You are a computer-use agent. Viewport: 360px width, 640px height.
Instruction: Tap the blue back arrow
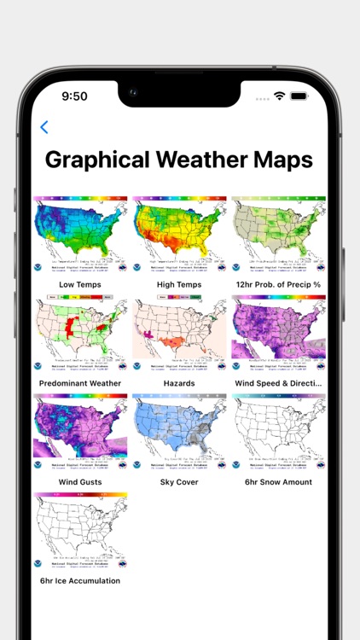point(44,127)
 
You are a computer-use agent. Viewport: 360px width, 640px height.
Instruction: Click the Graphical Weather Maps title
point(179,160)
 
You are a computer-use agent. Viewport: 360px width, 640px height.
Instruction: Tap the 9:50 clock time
point(74,96)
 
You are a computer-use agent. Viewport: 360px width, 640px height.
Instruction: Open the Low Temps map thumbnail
point(80,235)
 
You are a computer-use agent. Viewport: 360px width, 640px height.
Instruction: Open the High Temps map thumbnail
point(179,235)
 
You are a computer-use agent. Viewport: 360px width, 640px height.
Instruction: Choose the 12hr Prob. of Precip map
point(278,235)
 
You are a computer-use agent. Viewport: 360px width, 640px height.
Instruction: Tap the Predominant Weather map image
point(80,334)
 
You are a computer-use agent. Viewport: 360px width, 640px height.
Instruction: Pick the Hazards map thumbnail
point(179,334)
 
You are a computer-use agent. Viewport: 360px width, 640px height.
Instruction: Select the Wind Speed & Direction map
point(278,334)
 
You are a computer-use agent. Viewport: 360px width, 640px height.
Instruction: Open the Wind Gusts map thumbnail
point(80,433)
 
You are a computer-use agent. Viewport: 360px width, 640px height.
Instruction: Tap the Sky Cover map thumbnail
point(179,433)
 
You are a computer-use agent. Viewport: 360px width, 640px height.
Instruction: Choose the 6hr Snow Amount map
point(278,433)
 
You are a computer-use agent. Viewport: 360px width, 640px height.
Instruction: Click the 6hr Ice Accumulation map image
point(80,532)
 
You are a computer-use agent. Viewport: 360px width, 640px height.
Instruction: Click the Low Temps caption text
point(80,284)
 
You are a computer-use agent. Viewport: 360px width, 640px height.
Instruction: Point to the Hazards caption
point(179,383)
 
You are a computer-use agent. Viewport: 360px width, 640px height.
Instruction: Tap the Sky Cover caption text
point(179,482)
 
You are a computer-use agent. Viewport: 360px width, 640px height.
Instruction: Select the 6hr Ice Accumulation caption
point(80,581)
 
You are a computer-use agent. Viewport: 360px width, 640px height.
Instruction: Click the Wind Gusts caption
point(80,482)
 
